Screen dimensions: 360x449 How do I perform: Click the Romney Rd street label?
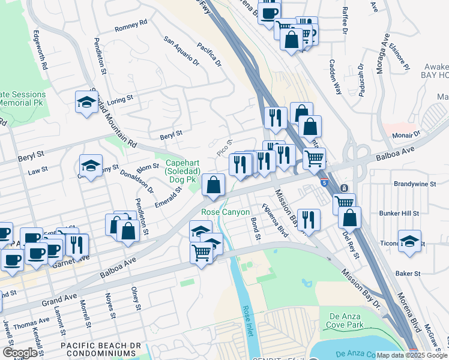(x=130, y=25)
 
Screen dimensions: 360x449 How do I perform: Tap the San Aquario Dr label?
(x=181, y=51)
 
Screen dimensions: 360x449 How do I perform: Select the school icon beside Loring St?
(x=87, y=102)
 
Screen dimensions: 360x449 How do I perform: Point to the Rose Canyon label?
(x=220, y=212)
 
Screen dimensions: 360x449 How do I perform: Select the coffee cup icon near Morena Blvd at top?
(x=270, y=11)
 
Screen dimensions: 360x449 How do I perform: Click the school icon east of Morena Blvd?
(x=409, y=241)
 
